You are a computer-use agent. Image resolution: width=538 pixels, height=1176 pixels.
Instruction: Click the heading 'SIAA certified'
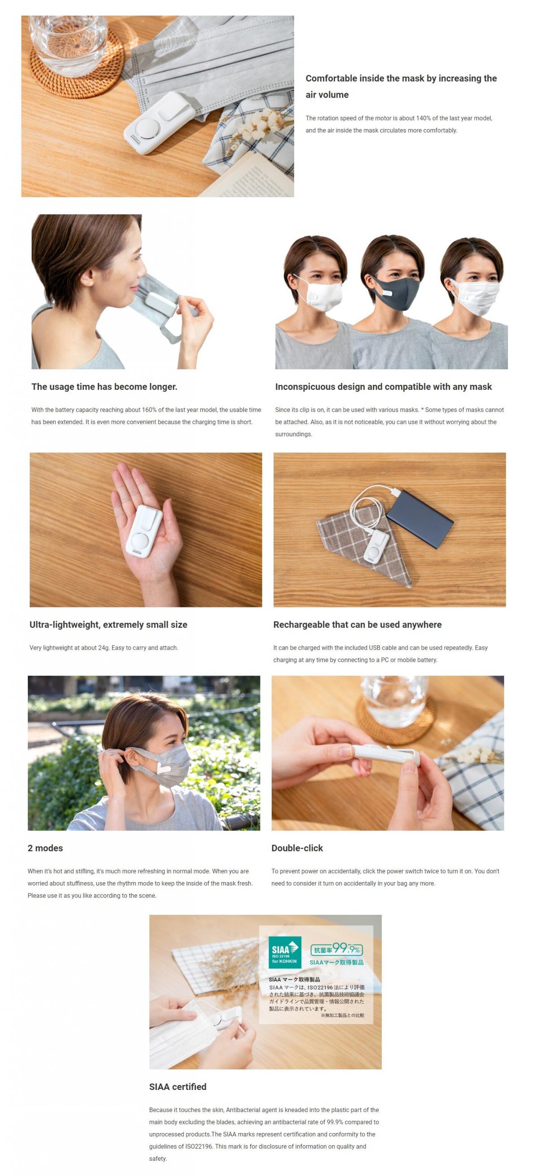click(x=177, y=1086)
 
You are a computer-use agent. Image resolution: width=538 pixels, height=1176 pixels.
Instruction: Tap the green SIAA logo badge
click(x=285, y=952)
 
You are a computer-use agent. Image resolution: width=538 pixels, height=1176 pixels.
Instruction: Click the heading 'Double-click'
click(x=297, y=848)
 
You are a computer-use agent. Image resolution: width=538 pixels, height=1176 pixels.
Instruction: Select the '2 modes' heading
click(x=45, y=848)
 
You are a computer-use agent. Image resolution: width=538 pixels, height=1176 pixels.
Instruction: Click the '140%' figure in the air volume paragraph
click(x=423, y=118)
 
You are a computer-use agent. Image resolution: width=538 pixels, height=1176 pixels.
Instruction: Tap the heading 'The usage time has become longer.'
click(x=104, y=387)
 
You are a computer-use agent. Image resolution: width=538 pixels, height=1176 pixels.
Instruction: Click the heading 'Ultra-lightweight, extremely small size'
click(x=108, y=625)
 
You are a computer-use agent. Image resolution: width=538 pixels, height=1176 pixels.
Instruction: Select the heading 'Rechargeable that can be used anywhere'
click(x=357, y=625)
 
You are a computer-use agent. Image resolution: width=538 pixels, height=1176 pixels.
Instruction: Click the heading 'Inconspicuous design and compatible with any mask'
click(x=383, y=387)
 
